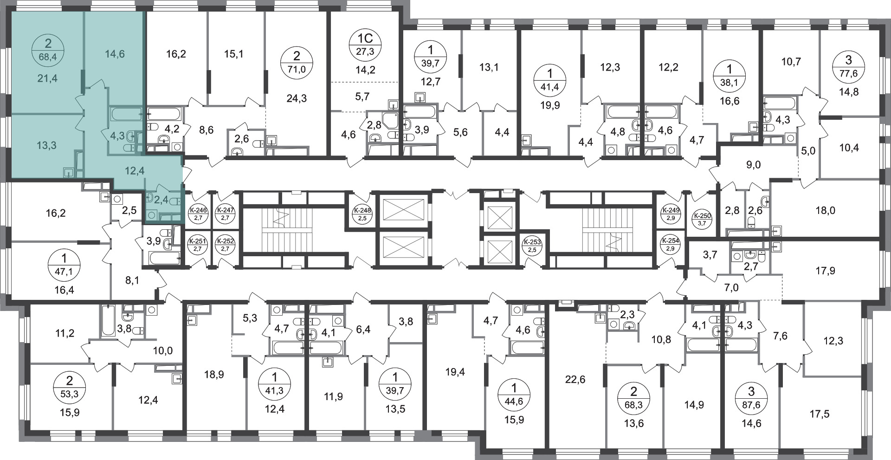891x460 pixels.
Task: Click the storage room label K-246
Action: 198,213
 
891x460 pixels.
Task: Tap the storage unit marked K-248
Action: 362,213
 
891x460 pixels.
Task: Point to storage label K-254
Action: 671,244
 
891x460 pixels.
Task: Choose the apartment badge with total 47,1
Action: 64,265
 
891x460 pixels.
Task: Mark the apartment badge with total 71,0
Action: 297,63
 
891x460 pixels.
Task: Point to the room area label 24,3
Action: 297,98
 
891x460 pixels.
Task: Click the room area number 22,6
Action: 575,380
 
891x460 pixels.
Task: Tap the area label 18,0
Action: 826,210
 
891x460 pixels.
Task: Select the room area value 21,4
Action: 48,78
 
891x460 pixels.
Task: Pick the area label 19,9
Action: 550,105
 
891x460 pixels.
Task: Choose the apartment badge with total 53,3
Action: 70,388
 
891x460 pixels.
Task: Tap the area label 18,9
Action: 214,374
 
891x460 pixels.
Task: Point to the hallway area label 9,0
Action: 754,165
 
